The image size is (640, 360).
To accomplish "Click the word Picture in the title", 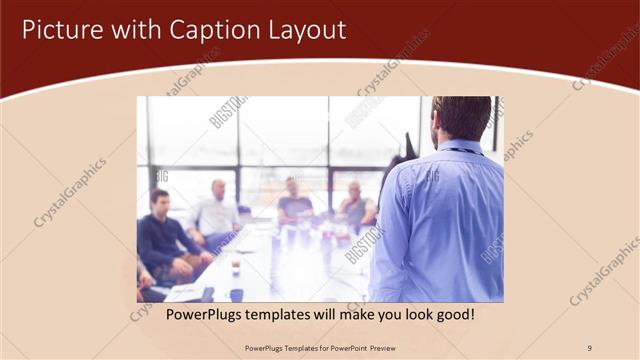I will point(60,30).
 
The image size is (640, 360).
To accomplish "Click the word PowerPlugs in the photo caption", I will point(202,315).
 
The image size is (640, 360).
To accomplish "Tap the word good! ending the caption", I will point(454,315).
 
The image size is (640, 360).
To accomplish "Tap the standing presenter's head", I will point(463,117).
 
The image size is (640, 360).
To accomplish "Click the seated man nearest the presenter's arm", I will point(355,205).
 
